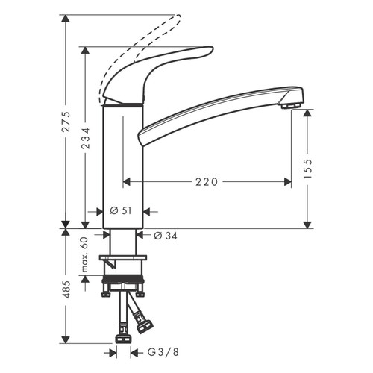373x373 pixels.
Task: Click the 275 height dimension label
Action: (66, 122)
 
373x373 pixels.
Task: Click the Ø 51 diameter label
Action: (121, 211)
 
